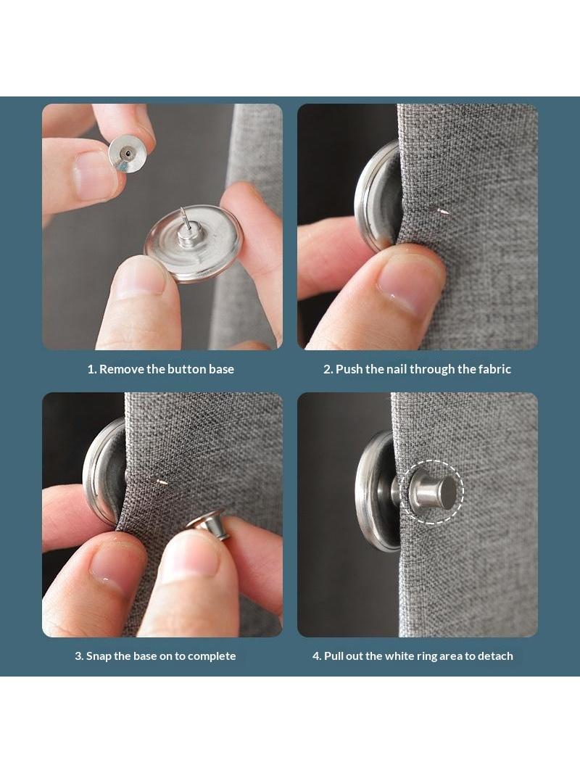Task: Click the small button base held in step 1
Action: [x=125, y=154]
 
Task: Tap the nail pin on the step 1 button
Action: [x=184, y=220]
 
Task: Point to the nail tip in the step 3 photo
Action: [x=162, y=482]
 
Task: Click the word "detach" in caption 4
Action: [x=495, y=656]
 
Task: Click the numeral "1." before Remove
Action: [x=92, y=369]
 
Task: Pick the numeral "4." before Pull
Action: [x=317, y=656]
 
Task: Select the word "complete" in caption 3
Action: [x=212, y=657]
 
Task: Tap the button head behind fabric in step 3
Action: [x=104, y=471]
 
